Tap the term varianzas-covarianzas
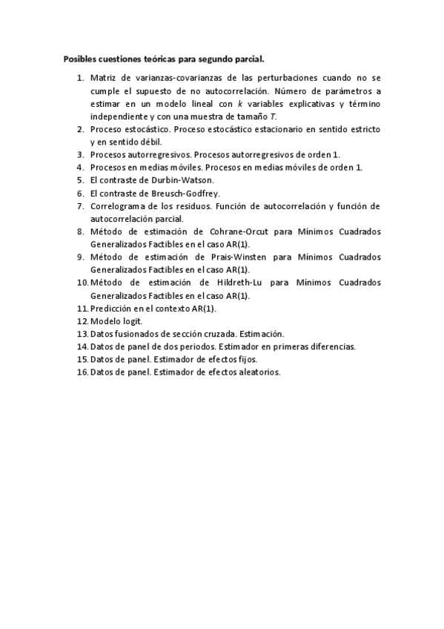coord(170,77)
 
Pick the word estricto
coord(365,129)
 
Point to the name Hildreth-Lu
coord(242,283)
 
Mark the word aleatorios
coord(258,372)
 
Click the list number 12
coord(82,321)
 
